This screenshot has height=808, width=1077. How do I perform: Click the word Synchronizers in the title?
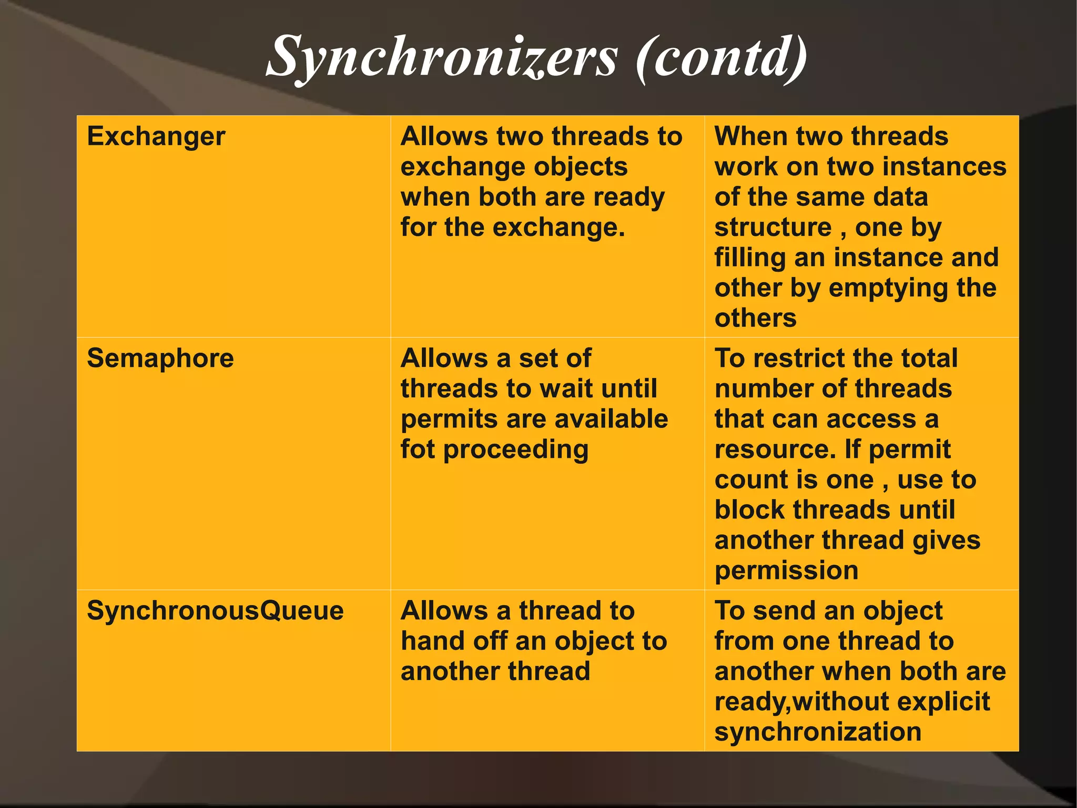pyautogui.click(x=442, y=57)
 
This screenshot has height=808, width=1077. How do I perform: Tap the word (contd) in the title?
pyautogui.click(x=721, y=57)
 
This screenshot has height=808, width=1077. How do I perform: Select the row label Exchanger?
pyautogui.click(x=156, y=137)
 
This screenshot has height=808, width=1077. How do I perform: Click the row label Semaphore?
pyautogui.click(x=160, y=358)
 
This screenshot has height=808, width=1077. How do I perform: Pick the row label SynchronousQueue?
pyautogui.click(x=215, y=611)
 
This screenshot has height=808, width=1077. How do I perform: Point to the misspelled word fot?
pyautogui.click(x=418, y=450)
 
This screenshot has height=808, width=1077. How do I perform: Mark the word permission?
pyautogui.click(x=786, y=571)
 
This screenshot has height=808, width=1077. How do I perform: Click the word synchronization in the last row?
pyautogui.click(x=818, y=732)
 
